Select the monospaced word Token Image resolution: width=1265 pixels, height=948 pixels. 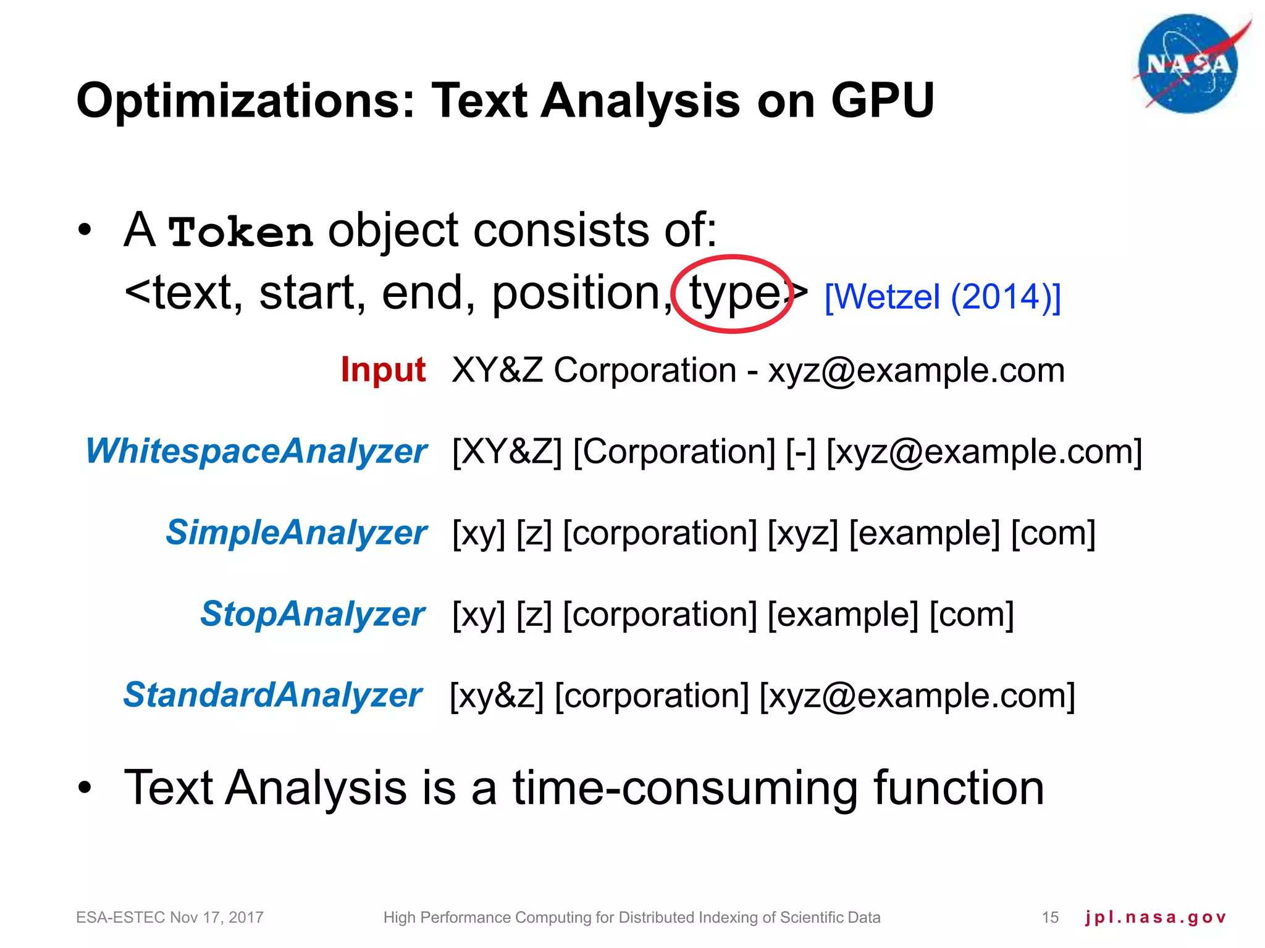(240, 233)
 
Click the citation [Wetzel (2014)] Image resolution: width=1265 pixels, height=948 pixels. (943, 297)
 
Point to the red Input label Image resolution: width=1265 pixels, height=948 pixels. (383, 370)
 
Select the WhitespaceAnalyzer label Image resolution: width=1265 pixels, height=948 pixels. (256, 451)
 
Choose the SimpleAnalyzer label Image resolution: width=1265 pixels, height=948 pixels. (296, 533)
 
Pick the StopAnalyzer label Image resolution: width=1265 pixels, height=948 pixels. (313, 614)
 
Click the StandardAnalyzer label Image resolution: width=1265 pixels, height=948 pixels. (272, 695)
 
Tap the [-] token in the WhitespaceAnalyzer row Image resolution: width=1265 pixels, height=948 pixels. (801, 452)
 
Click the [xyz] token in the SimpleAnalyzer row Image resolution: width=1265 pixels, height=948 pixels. (802, 533)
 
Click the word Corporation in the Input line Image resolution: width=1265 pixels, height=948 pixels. (645, 371)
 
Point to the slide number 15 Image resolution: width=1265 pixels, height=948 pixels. (1050, 918)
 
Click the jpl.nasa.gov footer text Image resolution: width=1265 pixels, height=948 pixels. (1155, 918)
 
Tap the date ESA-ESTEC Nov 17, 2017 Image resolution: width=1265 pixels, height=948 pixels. (170, 918)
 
